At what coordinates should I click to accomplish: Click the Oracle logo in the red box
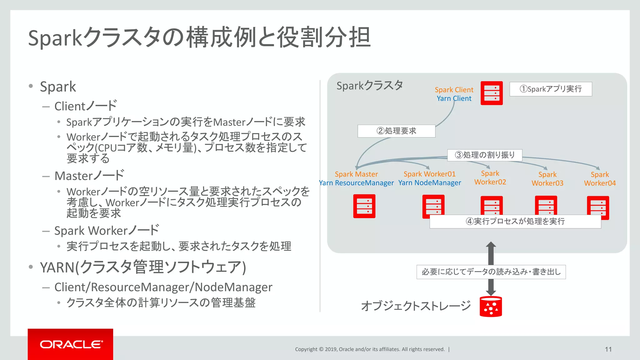(x=71, y=344)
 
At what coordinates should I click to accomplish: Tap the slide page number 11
(x=608, y=349)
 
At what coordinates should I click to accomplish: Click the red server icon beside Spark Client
(x=492, y=93)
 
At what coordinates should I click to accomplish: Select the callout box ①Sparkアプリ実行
(x=551, y=89)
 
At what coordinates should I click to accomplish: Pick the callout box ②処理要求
(x=396, y=131)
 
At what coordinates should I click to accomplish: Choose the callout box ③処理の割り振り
(x=485, y=155)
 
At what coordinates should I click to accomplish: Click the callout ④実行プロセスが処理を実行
(x=515, y=222)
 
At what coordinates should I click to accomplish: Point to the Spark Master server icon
(x=364, y=206)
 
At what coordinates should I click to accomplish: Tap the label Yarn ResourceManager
(x=356, y=183)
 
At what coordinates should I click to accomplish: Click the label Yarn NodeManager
(x=430, y=183)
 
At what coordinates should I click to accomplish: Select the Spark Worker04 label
(x=600, y=179)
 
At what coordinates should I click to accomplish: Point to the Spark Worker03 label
(x=547, y=179)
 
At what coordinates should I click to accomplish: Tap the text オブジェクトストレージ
(x=416, y=306)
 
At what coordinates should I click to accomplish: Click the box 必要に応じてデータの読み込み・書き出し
(x=491, y=272)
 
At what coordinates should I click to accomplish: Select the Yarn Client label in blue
(x=454, y=98)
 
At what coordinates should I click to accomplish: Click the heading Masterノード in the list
(x=89, y=176)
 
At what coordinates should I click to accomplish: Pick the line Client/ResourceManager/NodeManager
(x=163, y=287)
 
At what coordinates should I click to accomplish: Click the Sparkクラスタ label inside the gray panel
(x=369, y=86)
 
